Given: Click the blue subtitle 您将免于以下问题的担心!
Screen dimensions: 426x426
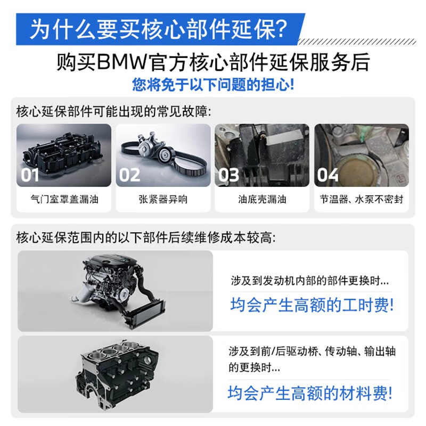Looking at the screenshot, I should click(213, 85).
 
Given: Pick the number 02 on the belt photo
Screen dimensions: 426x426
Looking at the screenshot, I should click(129, 174).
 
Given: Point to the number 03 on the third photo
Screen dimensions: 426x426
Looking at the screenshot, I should click(228, 174).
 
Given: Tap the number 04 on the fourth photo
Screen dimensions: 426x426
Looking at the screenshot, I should click(327, 174).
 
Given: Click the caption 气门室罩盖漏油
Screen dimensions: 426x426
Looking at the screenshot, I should click(64, 200).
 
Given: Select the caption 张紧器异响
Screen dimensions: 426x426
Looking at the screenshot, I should click(163, 200).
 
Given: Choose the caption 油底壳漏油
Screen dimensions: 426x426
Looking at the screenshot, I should click(262, 200).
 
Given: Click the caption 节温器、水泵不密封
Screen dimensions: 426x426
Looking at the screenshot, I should click(361, 200).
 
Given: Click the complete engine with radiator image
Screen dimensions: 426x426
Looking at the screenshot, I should click(114, 290).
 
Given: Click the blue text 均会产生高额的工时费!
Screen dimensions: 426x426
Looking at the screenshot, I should click(312, 305).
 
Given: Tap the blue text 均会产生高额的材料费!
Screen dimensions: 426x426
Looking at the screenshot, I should click(310, 394).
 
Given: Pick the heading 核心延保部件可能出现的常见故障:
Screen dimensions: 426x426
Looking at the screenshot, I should click(113, 112).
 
